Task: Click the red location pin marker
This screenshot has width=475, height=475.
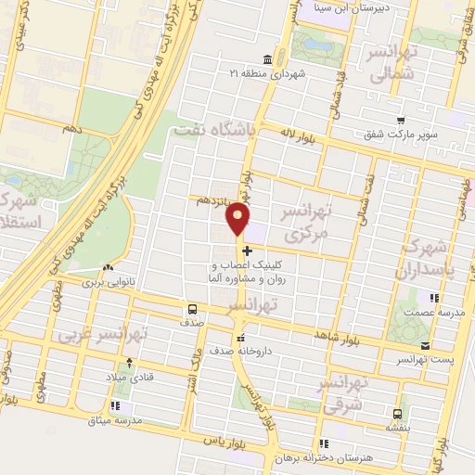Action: (x=238, y=218)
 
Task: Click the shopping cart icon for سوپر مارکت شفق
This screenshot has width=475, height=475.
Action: (x=400, y=121)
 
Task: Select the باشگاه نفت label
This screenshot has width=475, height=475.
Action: (x=213, y=133)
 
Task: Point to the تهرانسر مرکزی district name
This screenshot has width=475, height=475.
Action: (x=305, y=224)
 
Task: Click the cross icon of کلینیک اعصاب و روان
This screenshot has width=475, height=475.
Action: (x=246, y=250)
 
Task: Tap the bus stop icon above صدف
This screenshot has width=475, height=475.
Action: (x=192, y=309)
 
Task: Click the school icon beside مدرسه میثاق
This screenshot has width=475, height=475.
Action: (x=115, y=405)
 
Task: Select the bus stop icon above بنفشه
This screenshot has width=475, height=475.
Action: (x=397, y=413)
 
